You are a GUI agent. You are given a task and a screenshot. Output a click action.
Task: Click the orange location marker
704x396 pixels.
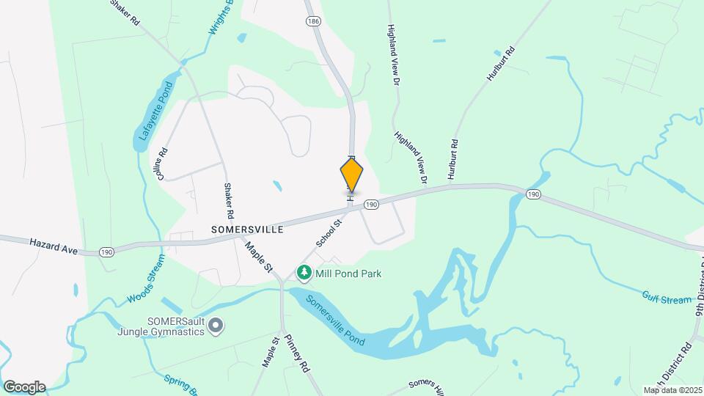click(352, 175)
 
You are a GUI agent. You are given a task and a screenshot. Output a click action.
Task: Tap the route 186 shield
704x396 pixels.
click(314, 22)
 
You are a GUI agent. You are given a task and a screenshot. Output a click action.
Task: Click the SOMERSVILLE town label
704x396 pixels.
click(247, 229)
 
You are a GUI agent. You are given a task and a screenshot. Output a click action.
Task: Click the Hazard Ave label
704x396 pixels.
click(53, 246)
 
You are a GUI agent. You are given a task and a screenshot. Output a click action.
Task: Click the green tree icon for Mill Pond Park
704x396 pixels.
click(304, 273)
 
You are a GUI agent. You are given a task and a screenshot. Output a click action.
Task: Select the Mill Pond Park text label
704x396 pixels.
click(348, 274)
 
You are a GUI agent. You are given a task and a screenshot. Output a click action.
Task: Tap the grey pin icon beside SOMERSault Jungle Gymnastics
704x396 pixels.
click(216, 326)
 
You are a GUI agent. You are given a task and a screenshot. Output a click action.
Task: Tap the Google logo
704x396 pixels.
click(24, 386)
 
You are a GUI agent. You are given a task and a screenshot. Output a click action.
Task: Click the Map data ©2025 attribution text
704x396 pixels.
click(672, 390)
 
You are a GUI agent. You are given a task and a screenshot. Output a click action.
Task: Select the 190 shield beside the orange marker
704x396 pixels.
click(371, 205)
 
